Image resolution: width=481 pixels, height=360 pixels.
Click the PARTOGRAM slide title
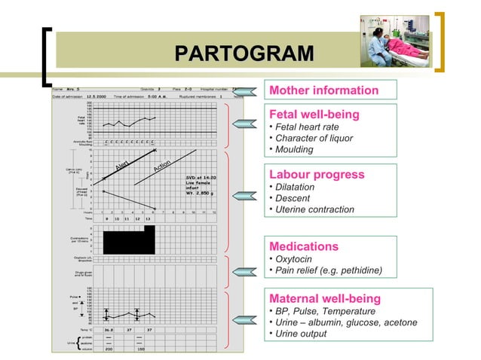(243, 54)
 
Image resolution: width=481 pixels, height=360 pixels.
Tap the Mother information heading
(324, 90)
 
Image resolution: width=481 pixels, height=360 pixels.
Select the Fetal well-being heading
(314, 114)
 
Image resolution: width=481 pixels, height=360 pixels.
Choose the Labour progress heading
(317, 175)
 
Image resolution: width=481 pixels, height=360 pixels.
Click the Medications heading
(304, 246)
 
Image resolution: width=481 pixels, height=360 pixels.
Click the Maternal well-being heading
(323, 297)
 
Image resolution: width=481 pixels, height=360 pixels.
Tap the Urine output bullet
(301, 334)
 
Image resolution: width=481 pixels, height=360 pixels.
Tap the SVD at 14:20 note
(201, 178)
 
